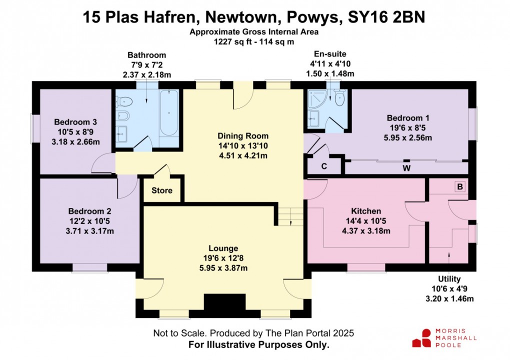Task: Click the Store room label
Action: [x=161, y=190]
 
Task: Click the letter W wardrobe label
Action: [x=406, y=168]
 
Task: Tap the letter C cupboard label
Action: [x=324, y=166]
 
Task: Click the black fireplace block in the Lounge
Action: [x=224, y=302]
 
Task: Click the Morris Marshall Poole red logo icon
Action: [x=421, y=338]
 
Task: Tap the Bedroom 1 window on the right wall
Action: [x=474, y=122]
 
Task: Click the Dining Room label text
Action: [x=243, y=136]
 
